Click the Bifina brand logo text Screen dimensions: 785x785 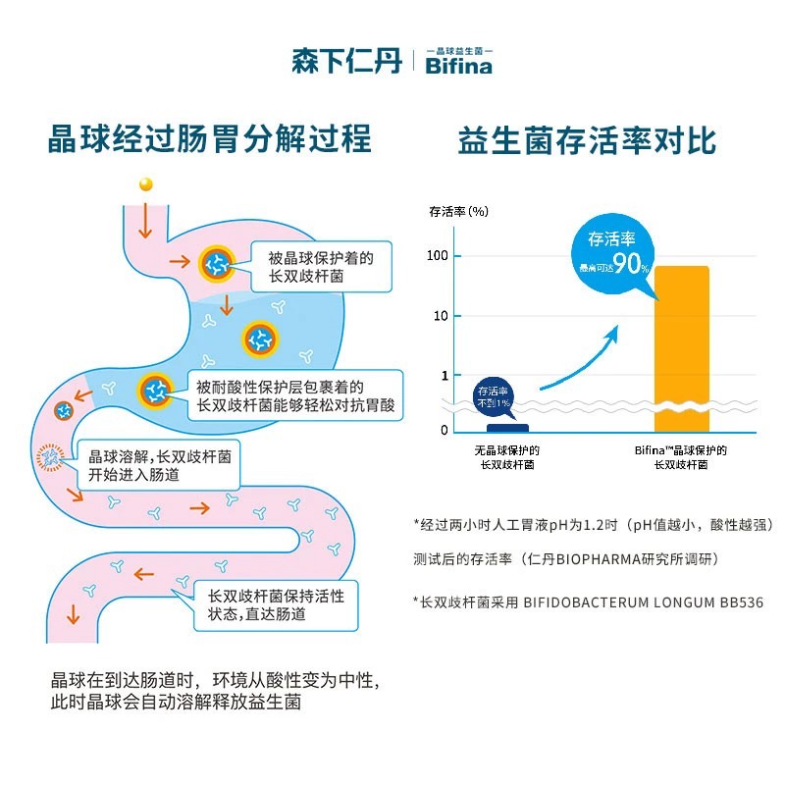click(x=458, y=65)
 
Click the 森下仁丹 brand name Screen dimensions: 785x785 click(x=346, y=61)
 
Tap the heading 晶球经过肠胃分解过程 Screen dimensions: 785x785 click(x=210, y=138)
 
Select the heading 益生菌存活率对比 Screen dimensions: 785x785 click(x=587, y=140)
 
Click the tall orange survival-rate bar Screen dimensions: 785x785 click(x=681, y=348)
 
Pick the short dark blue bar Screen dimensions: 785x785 click(x=507, y=427)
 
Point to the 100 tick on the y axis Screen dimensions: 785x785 click(x=437, y=256)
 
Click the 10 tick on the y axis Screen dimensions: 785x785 click(x=441, y=316)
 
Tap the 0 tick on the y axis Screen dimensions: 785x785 click(x=444, y=430)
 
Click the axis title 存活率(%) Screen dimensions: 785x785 click(x=458, y=210)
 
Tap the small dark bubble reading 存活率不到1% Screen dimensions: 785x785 click(x=494, y=396)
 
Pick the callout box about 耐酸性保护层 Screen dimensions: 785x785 click(x=295, y=395)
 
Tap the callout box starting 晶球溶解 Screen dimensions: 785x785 click(x=158, y=465)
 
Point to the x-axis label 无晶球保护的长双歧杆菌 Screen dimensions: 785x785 click(x=507, y=457)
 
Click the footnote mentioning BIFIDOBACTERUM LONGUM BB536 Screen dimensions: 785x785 click(x=588, y=602)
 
